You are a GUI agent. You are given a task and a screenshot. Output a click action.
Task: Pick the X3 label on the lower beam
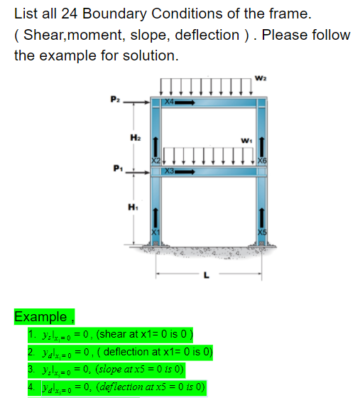pos(168,171)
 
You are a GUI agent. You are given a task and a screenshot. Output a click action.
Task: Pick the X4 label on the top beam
pos(168,102)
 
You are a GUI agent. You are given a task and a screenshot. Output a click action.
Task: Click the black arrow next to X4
pos(186,102)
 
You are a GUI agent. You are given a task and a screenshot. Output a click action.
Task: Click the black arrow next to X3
pos(186,171)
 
